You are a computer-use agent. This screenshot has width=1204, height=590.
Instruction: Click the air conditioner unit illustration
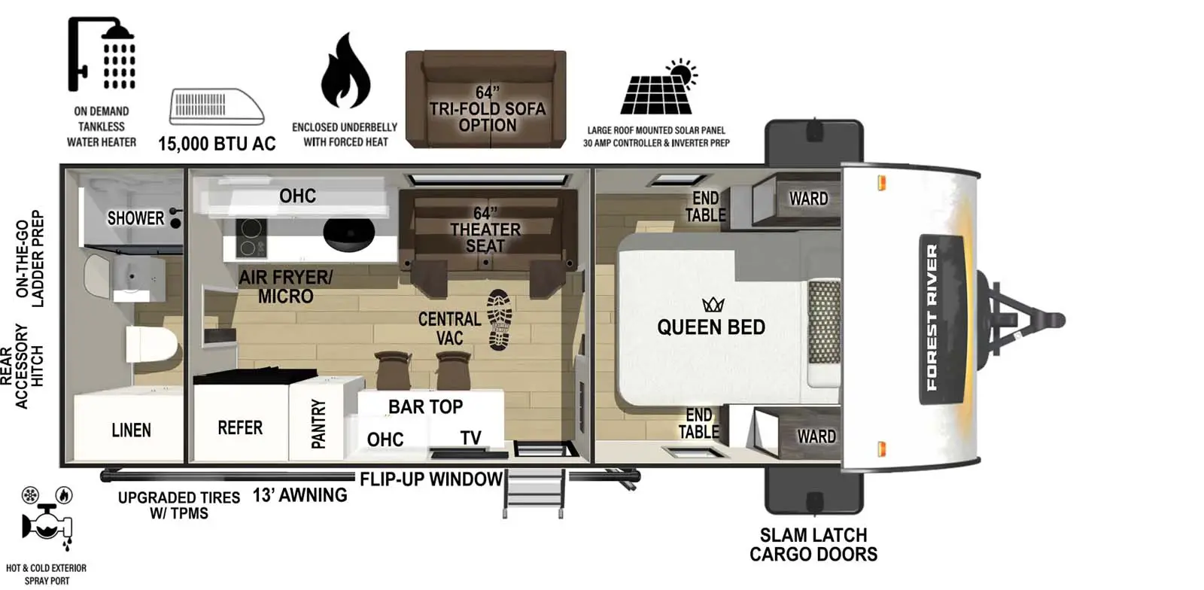point(217,106)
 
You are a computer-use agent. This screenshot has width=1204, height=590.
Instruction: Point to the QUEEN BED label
point(710,327)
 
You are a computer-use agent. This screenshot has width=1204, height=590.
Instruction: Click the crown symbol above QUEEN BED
point(712,304)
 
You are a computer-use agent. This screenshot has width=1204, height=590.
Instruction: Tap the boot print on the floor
point(499,319)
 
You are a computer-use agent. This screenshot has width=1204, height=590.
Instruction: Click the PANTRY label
point(318,424)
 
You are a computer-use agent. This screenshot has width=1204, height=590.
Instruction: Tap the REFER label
point(240,427)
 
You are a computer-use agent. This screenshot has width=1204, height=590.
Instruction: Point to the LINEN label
point(131,430)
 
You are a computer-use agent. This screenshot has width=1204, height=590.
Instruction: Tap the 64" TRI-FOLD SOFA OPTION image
point(485,99)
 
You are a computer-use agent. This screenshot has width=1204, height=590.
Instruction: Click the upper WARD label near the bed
point(807,199)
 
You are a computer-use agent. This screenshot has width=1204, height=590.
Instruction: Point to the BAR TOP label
point(425,406)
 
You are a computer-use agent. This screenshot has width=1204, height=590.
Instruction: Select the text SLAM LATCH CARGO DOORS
point(813,545)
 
